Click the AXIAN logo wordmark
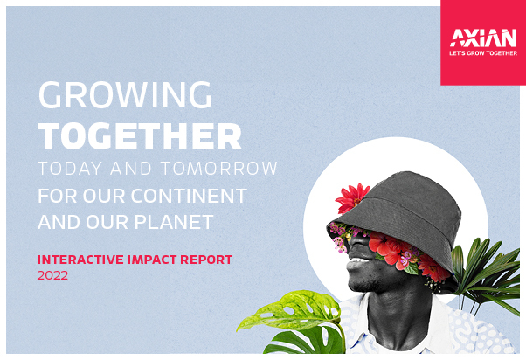click(x=483, y=38)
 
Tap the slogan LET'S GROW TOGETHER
click(x=483, y=53)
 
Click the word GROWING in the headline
click(x=125, y=95)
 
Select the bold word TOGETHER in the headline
click(x=140, y=136)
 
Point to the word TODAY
click(x=70, y=169)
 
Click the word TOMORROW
click(x=219, y=169)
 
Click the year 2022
click(x=52, y=275)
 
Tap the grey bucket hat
click(x=399, y=215)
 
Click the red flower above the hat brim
click(x=351, y=198)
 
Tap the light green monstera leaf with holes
click(x=292, y=312)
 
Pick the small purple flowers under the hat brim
click(x=338, y=237)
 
